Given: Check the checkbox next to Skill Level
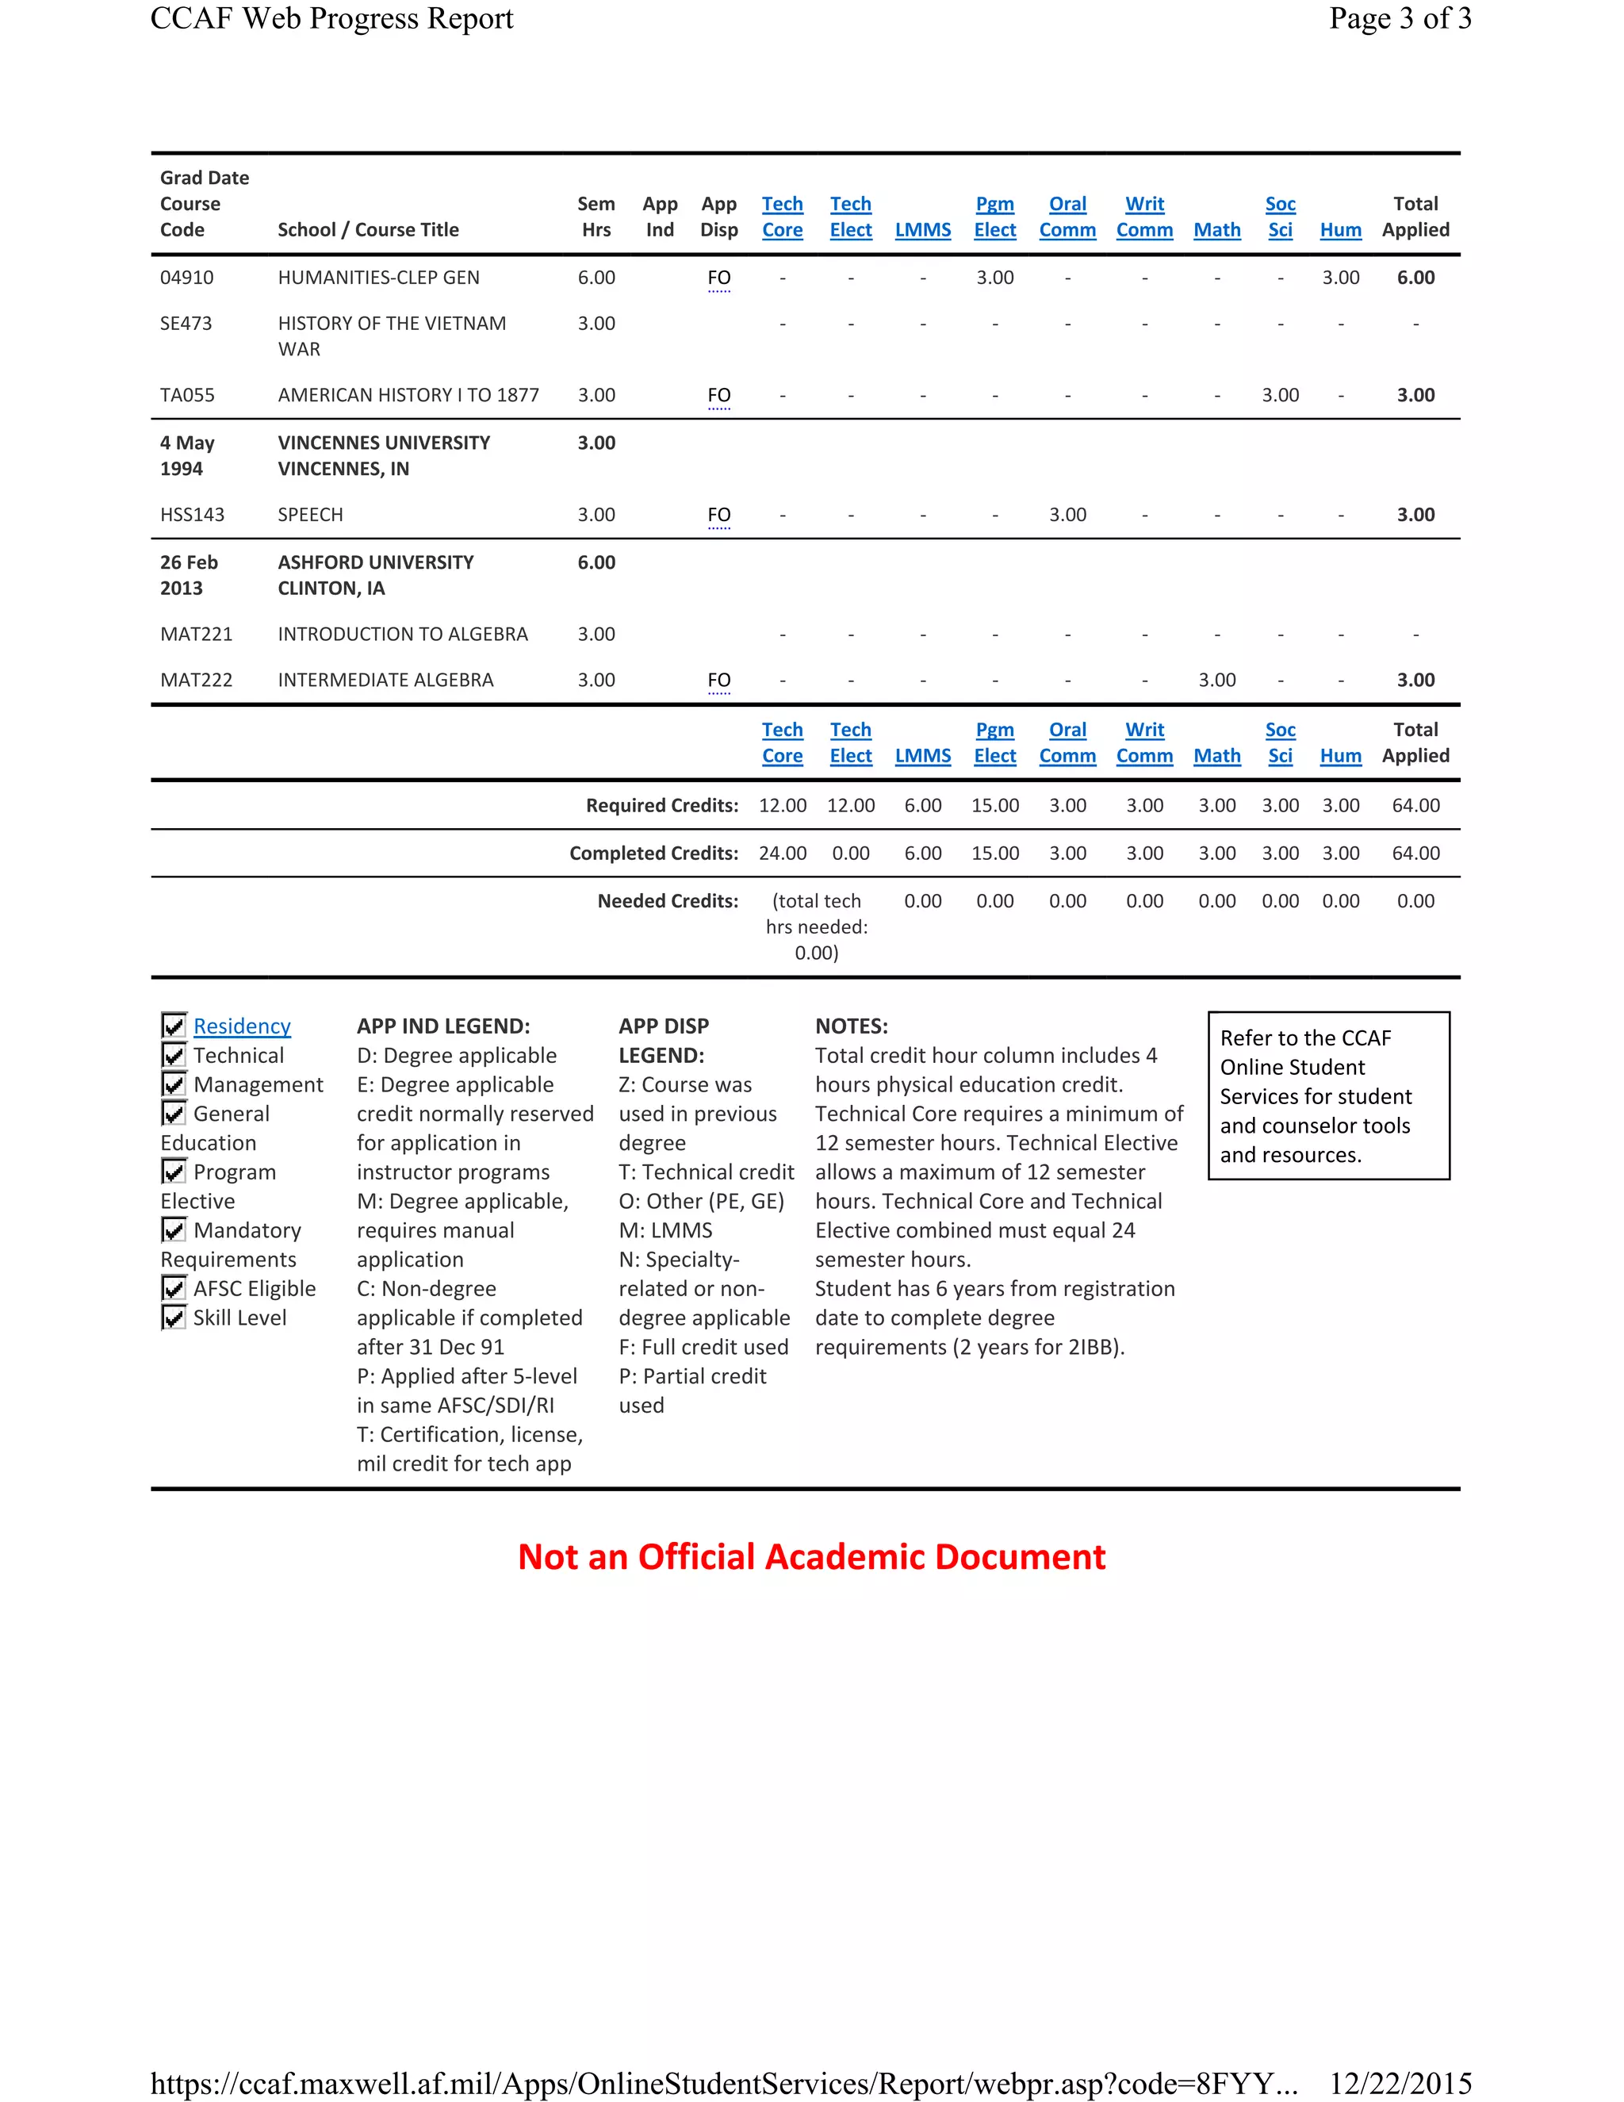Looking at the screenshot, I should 173,1318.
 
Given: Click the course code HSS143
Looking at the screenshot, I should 193,515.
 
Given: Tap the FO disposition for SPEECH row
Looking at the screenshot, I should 718,515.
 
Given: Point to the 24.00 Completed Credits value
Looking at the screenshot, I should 782,853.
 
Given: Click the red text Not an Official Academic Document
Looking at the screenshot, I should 811,1557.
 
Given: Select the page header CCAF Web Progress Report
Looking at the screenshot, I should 332,19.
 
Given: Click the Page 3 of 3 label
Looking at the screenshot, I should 1400,19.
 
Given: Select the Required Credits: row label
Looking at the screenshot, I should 662,806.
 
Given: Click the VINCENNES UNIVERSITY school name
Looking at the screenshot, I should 384,443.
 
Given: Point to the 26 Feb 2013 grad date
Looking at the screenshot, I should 189,574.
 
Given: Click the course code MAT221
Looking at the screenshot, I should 197,635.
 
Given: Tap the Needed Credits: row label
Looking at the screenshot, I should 668,901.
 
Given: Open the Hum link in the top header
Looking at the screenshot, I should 1340,230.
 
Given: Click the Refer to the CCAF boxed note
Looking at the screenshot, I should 1327,1095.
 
